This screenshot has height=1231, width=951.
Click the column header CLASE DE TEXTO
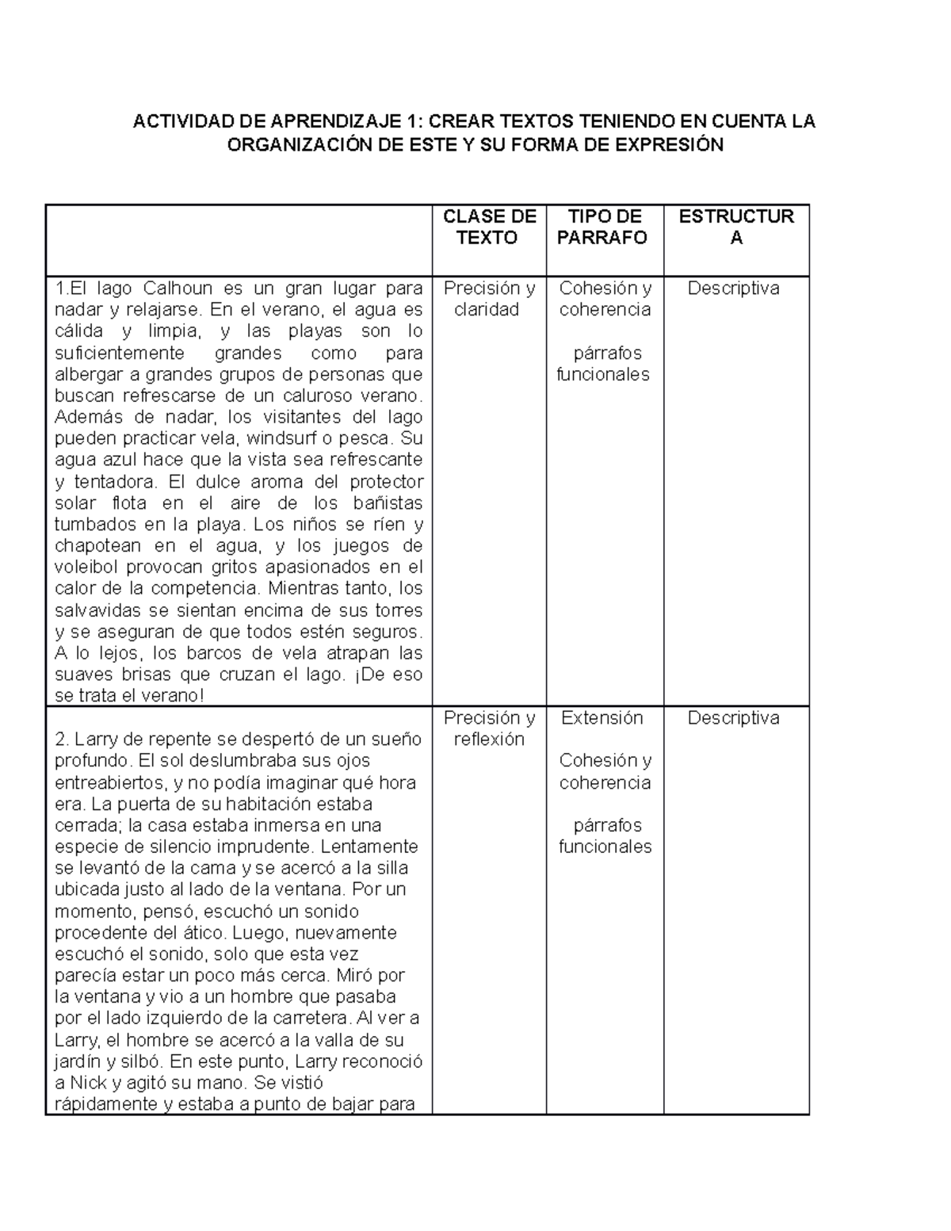click(x=489, y=227)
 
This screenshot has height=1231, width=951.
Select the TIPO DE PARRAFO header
click(x=605, y=227)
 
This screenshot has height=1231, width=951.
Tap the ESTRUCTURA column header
click(x=736, y=227)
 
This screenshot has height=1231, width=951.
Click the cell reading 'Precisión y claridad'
click(x=489, y=299)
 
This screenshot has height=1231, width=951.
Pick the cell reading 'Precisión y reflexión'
click(x=489, y=728)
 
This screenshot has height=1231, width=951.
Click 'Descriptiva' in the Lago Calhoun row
click(x=733, y=289)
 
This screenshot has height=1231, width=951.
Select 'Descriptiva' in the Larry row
click(x=733, y=718)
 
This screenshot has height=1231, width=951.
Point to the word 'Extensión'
click(x=602, y=718)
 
